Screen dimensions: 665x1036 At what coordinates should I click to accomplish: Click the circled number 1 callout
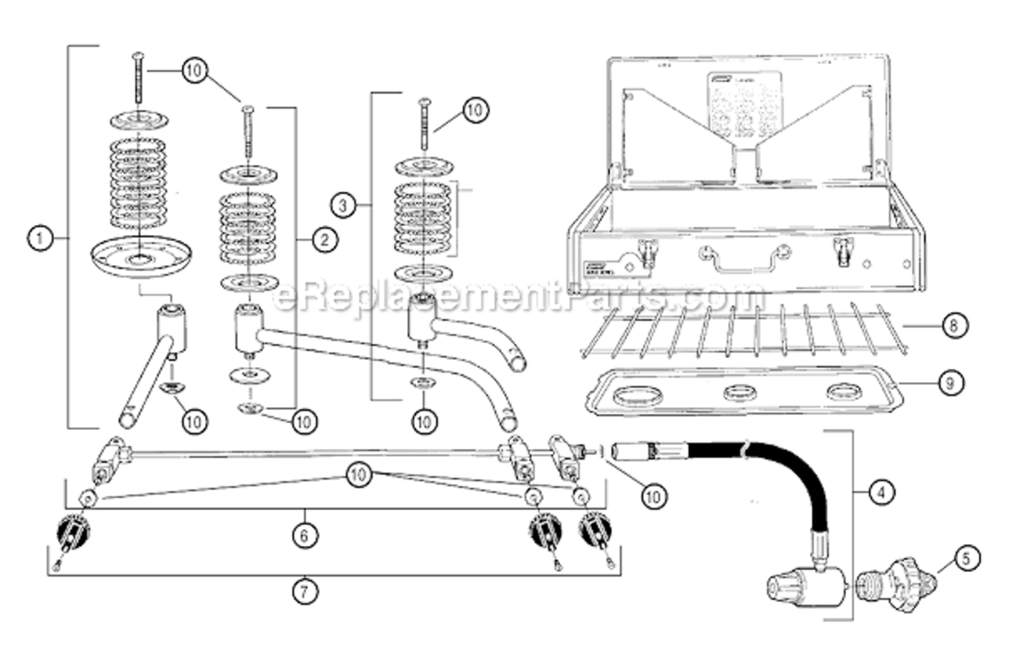coord(39,238)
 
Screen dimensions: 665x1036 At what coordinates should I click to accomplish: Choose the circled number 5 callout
coord(964,558)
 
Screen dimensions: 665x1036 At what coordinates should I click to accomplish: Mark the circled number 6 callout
coord(304,535)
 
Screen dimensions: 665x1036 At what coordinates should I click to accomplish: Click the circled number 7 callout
coord(304,591)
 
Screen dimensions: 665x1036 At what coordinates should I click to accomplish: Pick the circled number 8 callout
coord(953,325)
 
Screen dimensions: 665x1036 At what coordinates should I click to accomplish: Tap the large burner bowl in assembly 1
coord(141,256)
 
